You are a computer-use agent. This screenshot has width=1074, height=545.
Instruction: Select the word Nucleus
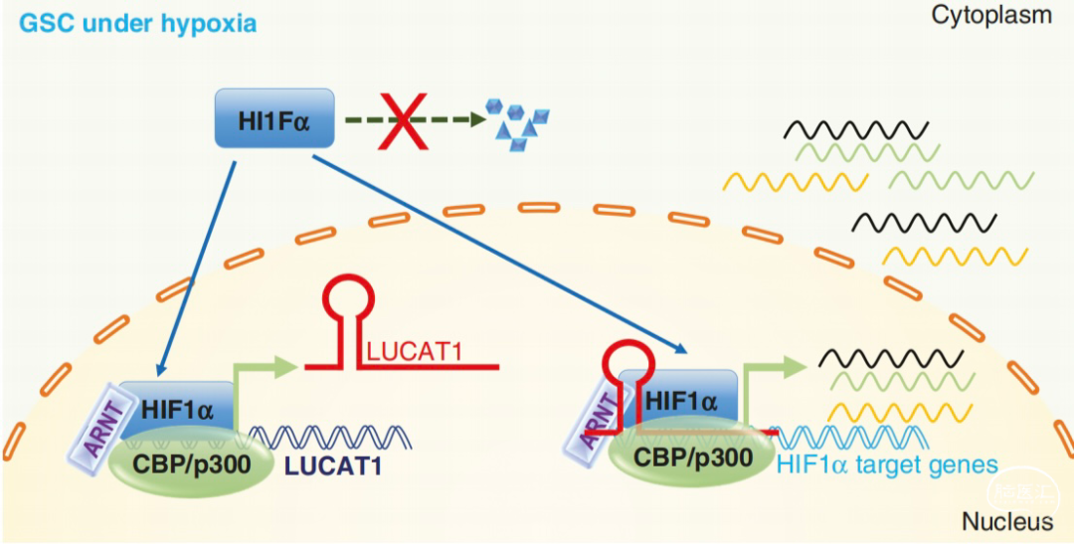1006,522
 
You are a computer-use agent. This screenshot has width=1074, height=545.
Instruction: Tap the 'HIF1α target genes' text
888,463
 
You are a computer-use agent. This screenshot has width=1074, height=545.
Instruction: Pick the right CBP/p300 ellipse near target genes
682,458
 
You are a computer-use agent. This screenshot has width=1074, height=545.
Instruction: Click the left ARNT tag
96,426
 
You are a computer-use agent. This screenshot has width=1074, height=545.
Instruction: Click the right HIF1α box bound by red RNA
680,400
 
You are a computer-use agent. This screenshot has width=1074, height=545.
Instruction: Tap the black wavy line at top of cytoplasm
855,129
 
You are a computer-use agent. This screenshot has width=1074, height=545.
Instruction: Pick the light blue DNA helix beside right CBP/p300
843,436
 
